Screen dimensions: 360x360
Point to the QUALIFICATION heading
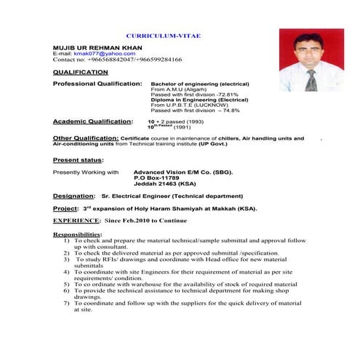coord(81,73)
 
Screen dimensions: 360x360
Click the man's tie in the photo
coord(312,79)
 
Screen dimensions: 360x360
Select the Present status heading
coord(78,159)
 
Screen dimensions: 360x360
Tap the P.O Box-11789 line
coord(156,178)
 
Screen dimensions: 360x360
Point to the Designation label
coord(73,196)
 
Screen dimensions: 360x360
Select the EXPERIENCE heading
coord(76,220)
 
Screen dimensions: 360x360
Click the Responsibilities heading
coord(78,233)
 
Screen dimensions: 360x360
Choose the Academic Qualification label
coord(93,121)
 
